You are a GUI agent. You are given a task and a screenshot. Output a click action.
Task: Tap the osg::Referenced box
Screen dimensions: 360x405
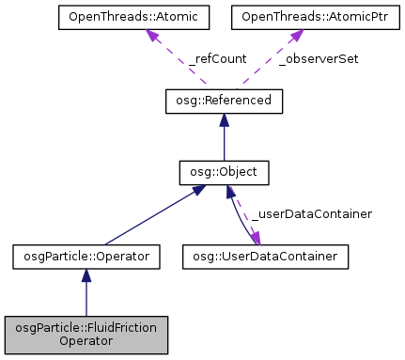point(223,100)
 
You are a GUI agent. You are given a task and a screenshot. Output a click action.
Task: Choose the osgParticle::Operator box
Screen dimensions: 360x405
point(86,255)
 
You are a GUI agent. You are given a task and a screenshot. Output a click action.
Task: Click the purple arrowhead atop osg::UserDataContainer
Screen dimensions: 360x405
point(255,238)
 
